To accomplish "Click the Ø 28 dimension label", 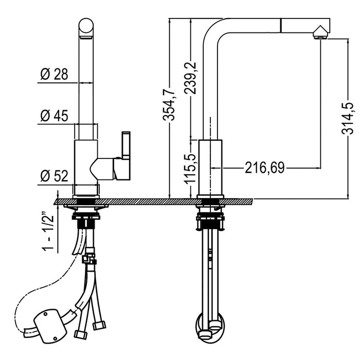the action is click(x=54, y=75).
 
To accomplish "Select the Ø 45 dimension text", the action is click(x=54, y=116).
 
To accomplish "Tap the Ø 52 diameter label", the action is click(x=54, y=176).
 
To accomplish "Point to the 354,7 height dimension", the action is click(x=169, y=104).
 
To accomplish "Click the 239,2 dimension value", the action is click(x=190, y=78).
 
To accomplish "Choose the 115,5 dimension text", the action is click(x=190, y=169).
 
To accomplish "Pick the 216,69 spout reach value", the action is click(x=265, y=168).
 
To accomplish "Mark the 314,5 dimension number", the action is click(x=348, y=118).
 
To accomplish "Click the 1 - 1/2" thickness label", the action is click(x=48, y=232).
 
